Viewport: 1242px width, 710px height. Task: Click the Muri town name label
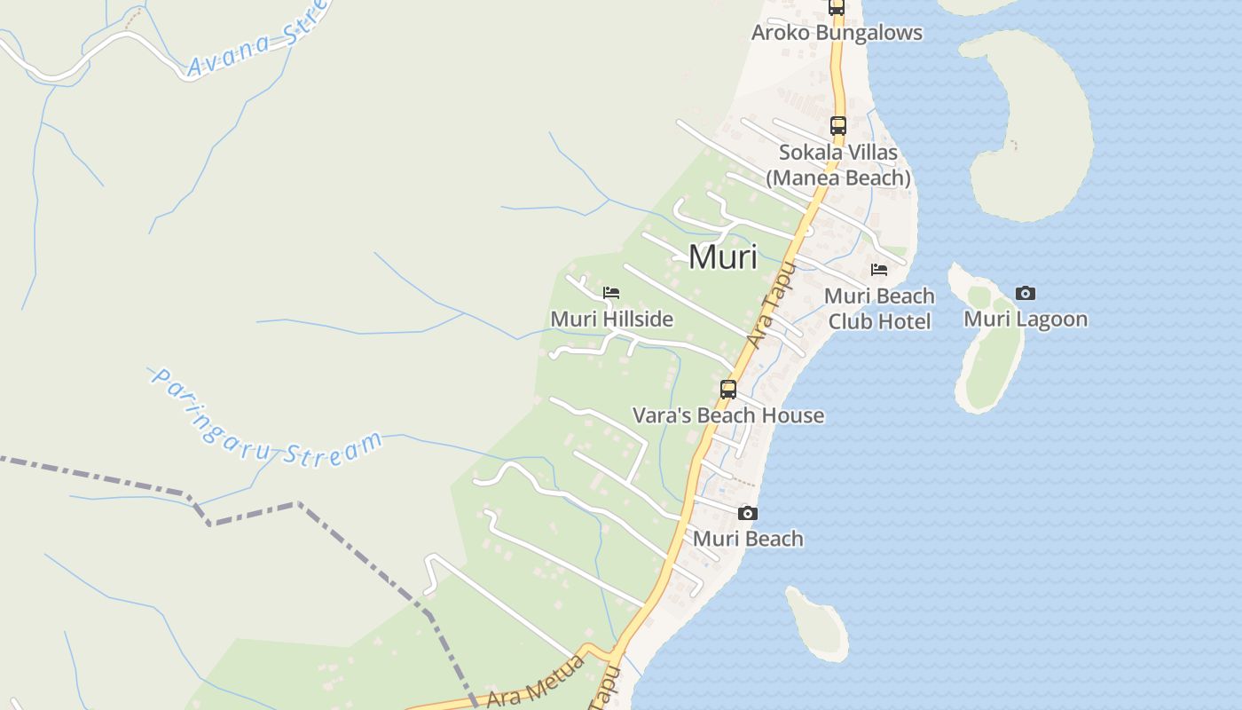coord(723,257)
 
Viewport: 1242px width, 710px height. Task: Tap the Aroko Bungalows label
coord(837,33)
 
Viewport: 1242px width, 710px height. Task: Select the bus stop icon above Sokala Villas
coord(837,125)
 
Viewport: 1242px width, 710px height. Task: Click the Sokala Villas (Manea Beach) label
coord(838,165)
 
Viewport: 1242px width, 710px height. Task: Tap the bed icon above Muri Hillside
coord(610,293)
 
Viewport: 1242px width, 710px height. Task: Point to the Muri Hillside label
coord(611,319)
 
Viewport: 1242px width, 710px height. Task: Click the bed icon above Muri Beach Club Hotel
coord(879,270)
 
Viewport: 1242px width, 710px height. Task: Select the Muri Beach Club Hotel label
coord(879,308)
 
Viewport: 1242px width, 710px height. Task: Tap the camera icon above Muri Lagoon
coord(1025,293)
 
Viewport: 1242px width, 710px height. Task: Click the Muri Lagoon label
coord(1025,319)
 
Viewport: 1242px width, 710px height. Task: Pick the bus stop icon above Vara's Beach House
coord(727,389)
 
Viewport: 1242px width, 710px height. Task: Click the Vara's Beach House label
coord(727,415)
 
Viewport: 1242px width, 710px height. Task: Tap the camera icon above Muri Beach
coord(747,513)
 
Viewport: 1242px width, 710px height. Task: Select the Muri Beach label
coord(747,539)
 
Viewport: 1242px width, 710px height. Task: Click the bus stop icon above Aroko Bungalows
coord(836,8)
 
